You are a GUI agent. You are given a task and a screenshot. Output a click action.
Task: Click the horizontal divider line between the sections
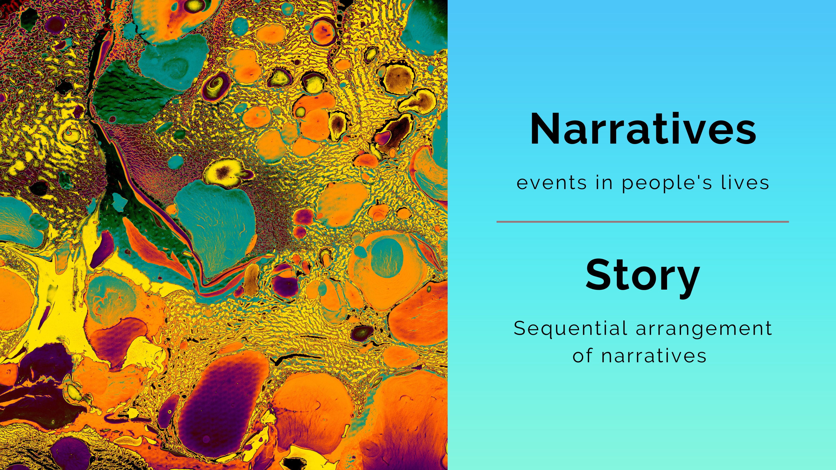(x=643, y=222)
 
